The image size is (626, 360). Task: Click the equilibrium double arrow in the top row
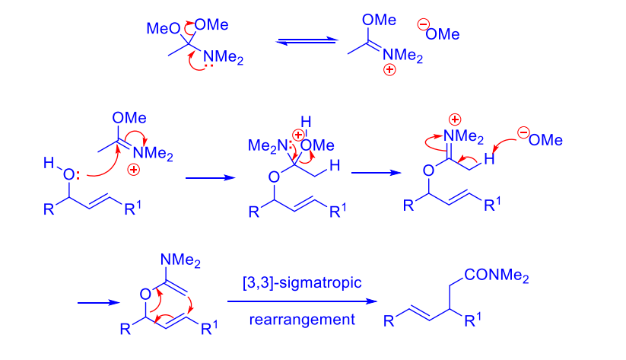307,41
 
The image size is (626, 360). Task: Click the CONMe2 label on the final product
496,276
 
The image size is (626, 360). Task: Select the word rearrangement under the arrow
302,320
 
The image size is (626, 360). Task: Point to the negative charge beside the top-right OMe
423,25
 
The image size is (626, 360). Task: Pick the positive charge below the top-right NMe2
389,69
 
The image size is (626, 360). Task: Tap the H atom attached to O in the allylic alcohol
49,163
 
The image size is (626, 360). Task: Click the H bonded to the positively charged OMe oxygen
306,122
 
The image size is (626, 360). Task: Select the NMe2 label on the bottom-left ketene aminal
180,260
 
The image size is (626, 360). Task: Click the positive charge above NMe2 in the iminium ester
455,119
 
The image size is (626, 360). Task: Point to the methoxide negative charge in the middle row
523,132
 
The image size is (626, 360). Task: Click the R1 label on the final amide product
473,320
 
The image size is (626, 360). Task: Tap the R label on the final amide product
389,321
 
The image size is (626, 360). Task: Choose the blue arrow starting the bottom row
99,303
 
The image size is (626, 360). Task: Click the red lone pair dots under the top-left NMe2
208,65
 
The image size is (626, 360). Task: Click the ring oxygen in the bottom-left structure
145,295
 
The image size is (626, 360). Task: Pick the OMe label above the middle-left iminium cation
129,118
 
